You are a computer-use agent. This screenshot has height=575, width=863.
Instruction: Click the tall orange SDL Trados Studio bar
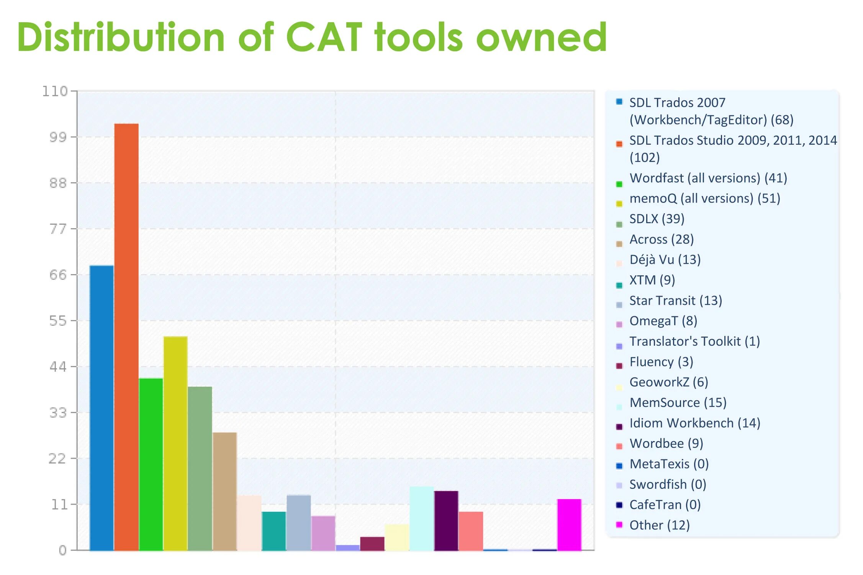coord(126,337)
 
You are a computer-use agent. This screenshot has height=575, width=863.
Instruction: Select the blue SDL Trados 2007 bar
coord(102,408)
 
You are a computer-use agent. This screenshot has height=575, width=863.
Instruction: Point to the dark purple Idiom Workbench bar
coord(446,521)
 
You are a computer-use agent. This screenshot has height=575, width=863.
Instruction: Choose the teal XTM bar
coord(274,531)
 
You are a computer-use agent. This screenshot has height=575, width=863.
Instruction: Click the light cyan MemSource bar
coord(422,518)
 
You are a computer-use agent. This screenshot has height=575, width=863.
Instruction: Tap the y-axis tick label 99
coord(58,137)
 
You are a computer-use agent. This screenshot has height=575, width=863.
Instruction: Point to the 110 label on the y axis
coord(55,91)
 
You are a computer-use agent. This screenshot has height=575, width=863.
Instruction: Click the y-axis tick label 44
coord(58,367)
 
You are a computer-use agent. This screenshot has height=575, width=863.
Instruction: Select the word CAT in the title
coord(324,37)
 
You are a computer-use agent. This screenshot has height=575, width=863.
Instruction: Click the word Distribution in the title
coord(121,37)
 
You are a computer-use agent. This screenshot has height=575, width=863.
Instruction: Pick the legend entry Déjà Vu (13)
coord(665,260)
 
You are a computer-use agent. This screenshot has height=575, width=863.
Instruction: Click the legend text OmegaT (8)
coord(663,321)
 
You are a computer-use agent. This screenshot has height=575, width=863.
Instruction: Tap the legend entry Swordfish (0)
coord(668,484)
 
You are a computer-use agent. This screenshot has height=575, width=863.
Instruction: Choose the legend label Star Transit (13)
coord(676,301)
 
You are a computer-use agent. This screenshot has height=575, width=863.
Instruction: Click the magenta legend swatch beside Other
coord(619,524)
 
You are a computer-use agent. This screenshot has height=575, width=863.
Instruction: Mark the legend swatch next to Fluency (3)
coord(619,366)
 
